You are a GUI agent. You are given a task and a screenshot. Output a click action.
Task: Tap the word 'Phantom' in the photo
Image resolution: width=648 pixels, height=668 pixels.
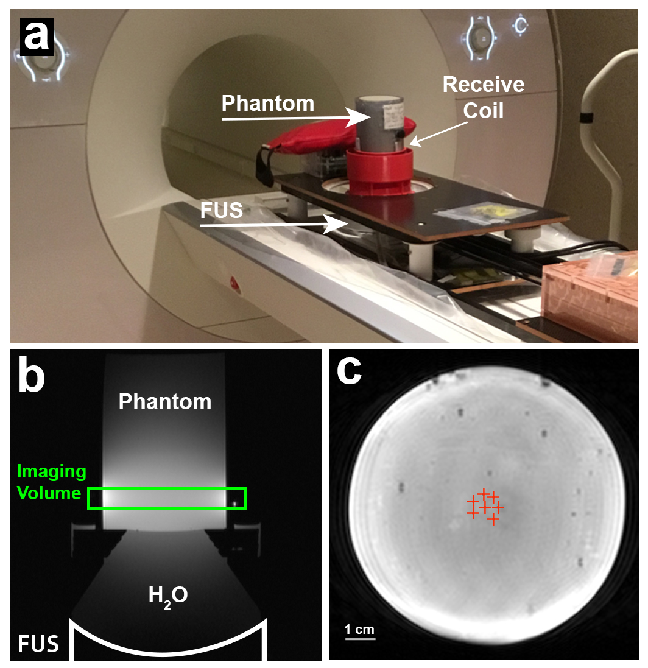point(268,103)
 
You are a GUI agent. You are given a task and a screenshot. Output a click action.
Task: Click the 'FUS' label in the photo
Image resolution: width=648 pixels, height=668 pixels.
point(223,211)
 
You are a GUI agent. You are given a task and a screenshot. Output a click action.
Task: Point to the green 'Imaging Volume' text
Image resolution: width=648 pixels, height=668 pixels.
point(52,481)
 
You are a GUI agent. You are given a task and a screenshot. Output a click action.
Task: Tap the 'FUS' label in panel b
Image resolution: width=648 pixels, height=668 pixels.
point(38,643)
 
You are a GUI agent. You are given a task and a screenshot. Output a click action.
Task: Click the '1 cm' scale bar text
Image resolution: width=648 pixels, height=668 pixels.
point(359,629)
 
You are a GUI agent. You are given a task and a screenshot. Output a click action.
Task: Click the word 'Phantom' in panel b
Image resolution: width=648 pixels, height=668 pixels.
point(165,401)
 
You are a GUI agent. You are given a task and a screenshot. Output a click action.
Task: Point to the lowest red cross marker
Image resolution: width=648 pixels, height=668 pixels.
point(493,519)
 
